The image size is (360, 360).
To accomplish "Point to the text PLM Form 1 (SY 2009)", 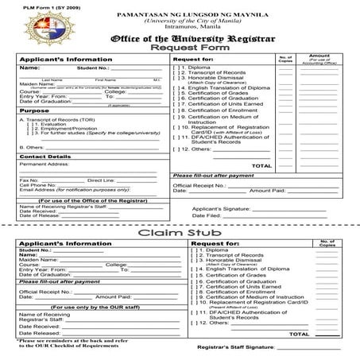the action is (x=32, y=6).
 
